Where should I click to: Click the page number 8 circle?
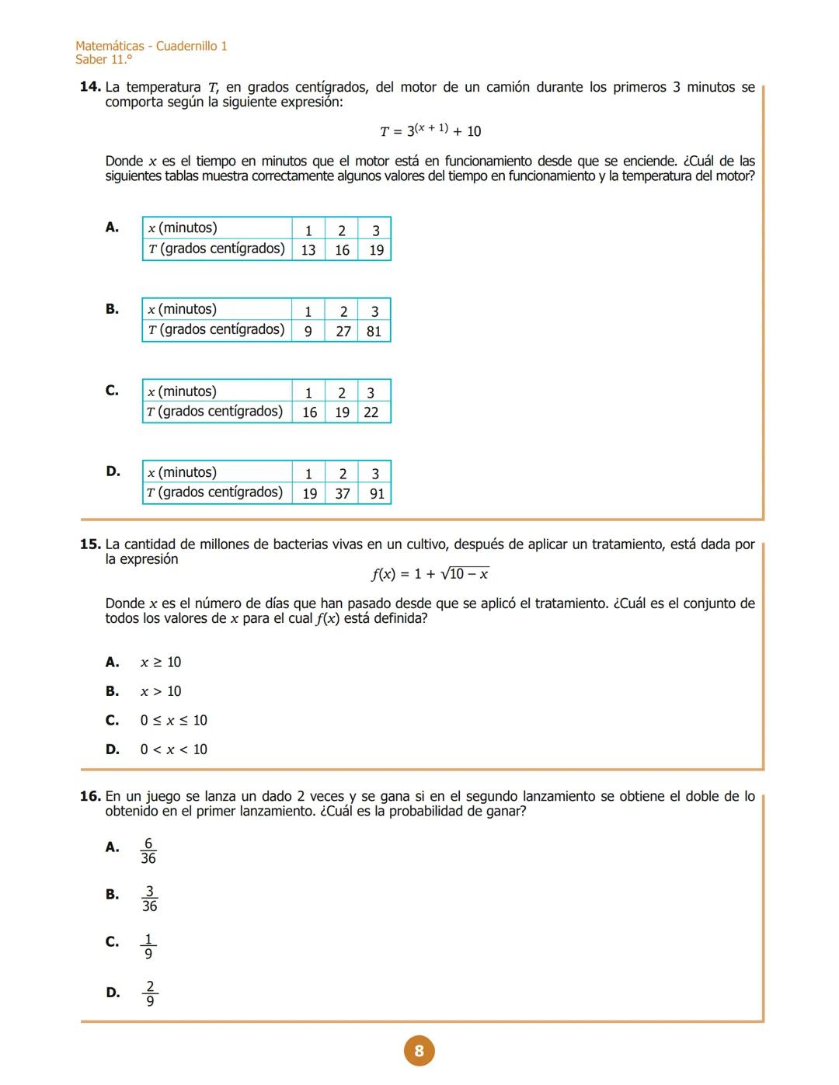click(419, 1050)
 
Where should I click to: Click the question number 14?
click(90, 86)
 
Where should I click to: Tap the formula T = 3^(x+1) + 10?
click(430, 130)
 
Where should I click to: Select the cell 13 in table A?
click(308, 250)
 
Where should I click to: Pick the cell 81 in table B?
click(374, 332)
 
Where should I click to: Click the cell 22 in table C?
click(371, 412)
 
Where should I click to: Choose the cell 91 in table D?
click(377, 493)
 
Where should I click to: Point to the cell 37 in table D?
click(343, 493)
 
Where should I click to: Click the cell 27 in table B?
click(343, 332)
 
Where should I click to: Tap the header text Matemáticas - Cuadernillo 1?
click(151, 46)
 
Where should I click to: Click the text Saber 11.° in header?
click(103, 60)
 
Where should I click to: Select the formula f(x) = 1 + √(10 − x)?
click(430, 574)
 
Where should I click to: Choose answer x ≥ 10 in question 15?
click(161, 662)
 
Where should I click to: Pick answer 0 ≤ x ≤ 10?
click(173, 720)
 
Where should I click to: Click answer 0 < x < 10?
click(173, 749)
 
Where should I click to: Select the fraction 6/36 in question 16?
click(148, 850)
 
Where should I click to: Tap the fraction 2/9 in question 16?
click(150, 993)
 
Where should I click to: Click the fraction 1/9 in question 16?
click(148, 946)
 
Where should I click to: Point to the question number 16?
click(90, 796)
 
